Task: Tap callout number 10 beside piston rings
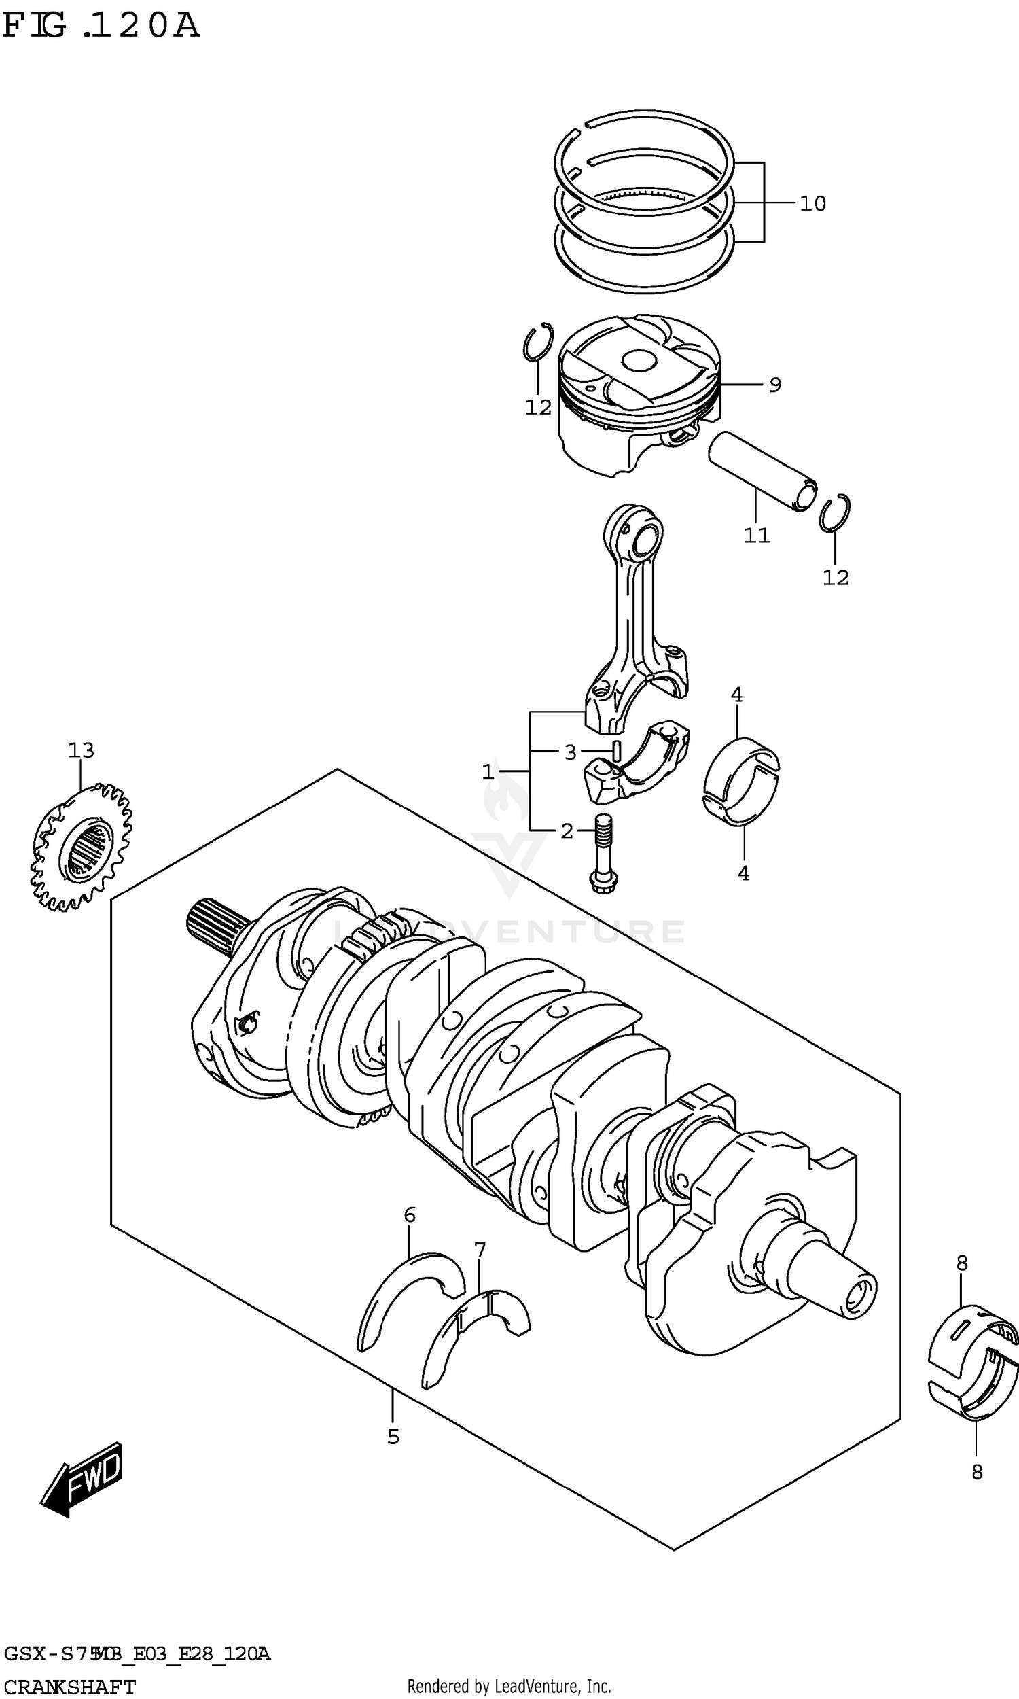pyautogui.click(x=812, y=203)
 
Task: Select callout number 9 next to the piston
pyautogui.click(x=774, y=385)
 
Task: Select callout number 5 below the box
pyautogui.click(x=393, y=1437)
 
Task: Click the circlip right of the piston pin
pyautogui.click(x=835, y=513)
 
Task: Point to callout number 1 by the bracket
pyautogui.click(x=488, y=772)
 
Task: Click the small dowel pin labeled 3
pyautogui.click(x=616, y=750)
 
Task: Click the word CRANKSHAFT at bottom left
pyautogui.click(x=69, y=1686)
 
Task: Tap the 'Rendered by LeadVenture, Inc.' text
pyautogui.click(x=509, y=1686)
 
